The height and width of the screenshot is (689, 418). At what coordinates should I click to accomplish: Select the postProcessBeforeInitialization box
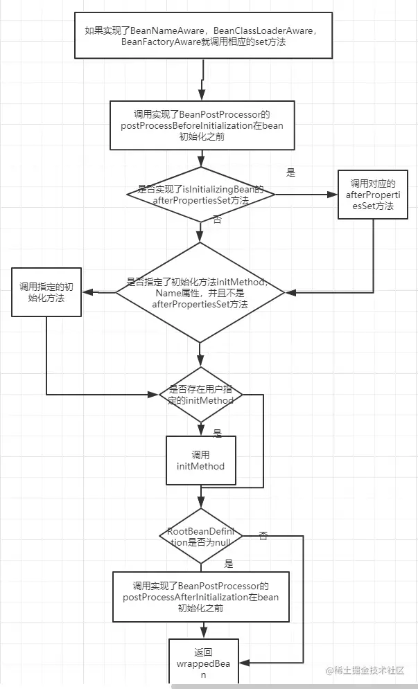click(x=201, y=125)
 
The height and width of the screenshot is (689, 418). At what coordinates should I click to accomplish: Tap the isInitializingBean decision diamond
click(x=200, y=195)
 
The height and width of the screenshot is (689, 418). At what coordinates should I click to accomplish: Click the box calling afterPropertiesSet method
click(x=372, y=195)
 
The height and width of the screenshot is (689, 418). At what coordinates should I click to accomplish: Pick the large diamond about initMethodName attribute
click(x=200, y=292)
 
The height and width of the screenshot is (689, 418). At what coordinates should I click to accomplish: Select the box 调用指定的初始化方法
click(x=46, y=292)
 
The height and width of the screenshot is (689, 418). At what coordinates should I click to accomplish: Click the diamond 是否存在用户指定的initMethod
click(x=201, y=395)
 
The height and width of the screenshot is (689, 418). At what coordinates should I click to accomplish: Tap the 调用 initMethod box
click(x=200, y=460)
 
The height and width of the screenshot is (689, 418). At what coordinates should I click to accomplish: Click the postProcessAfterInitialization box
click(x=200, y=596)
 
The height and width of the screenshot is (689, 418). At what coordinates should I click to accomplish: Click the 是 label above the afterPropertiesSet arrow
click(x=291, y=172)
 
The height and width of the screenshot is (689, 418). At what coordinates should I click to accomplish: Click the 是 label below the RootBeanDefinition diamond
click(x=229, y=564)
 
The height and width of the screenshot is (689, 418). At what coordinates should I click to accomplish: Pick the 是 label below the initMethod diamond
click(x=217, y=433)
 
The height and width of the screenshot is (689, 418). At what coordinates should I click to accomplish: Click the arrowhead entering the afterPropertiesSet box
click(x=333, y=195)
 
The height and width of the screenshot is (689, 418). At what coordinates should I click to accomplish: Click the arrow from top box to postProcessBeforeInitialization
click(x=203, y=80)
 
